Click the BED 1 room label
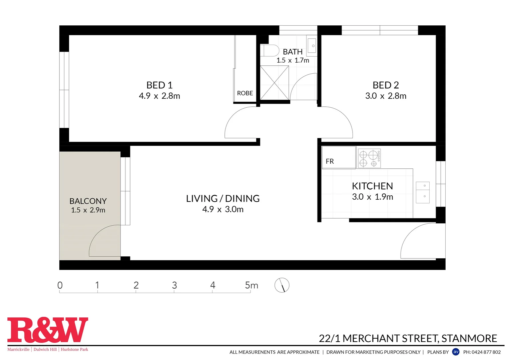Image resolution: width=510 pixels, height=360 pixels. [x=159, y=85]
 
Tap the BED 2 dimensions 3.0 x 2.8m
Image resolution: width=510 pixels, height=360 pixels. [x=386, y=96]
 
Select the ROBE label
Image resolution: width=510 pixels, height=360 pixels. [x=245, y=93]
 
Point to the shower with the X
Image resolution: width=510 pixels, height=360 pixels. [x=274, y=83]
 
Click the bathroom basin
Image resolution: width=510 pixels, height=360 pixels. [x=312, y=46]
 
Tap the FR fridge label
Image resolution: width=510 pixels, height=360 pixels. [x=330, y=161]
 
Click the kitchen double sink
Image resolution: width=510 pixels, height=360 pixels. [x=423, y=192]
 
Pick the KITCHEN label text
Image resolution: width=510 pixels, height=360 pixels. [x=372, y=186]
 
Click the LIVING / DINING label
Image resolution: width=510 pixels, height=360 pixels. [x=223, y=199]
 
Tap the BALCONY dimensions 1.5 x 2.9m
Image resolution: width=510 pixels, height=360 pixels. [x=88, y=210]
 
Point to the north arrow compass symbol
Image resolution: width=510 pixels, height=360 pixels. [x=282, y=285]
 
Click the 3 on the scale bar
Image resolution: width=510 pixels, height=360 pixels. [x=174, y=285]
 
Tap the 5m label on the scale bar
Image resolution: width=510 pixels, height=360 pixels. [x=251, y=285]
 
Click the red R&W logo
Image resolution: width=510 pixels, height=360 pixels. [x=48, y=330]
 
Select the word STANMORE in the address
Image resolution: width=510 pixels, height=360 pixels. [x=469, y=339]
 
